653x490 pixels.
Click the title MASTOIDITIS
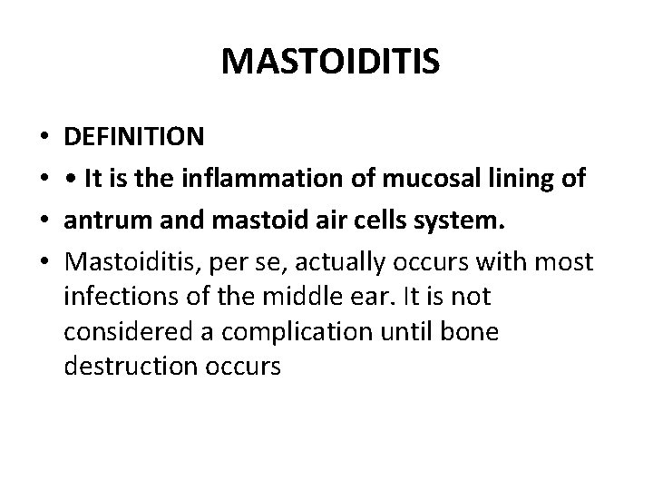pos(330,63)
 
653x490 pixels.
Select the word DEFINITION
pos(134,137)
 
